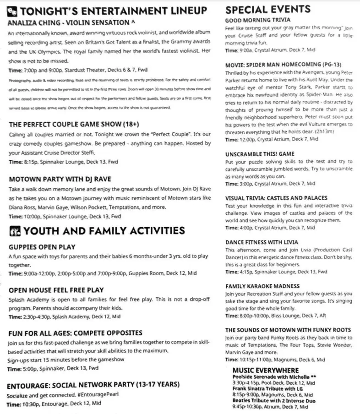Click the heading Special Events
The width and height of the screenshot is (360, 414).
pyautogui.click(x=268, y=9)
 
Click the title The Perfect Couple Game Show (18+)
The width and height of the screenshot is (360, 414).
pyautogui.click(x=74, y=124)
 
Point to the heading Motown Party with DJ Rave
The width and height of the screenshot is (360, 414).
pyautogui.click(x=60, y=179)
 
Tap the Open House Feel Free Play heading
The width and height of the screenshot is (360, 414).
pyautogui.click(x=56, y=290)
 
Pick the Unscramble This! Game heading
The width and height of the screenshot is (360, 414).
pyautogui.click(x=260, y=154)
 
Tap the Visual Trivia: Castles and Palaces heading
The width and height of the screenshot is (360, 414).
pyautogui.click(x=276, y=198)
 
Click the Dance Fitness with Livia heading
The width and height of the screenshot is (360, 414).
pyautogui.click(x=262, y=242)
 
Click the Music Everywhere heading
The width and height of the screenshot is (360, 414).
pyautogui.click(x=265, y=370)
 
